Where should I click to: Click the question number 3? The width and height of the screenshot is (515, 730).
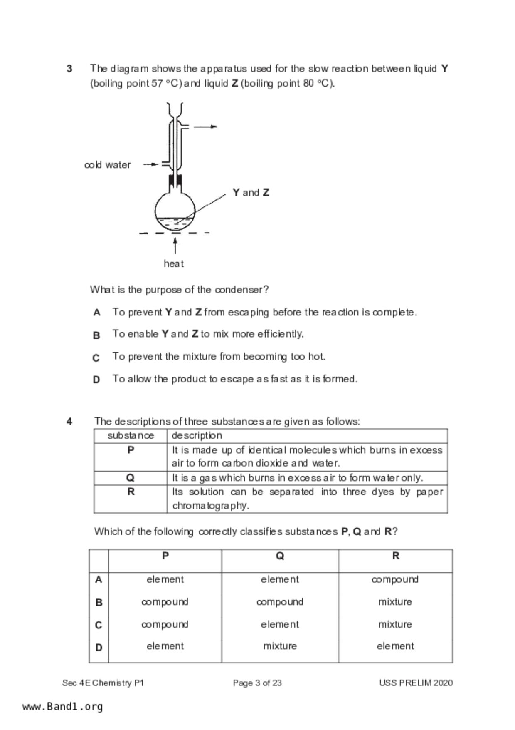pyautogui.click(x=69, y=69)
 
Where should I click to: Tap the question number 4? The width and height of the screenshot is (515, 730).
pyautogui.click(x=69, y=421)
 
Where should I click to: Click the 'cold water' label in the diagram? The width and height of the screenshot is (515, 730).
pyautogui.click(x=107, y=165)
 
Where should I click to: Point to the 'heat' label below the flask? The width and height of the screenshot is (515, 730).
pyautogui.click(x=174, y=263)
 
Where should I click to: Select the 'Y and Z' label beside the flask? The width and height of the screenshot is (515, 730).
pyautogui.click(x=251, y=192)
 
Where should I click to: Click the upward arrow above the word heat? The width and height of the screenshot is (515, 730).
pyautogui.click(x=175, y=246)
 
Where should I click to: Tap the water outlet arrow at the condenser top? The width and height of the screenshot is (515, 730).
pyautogui.click(x=206, y=127)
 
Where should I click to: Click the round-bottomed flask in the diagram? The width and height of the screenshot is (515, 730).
pyautogui.click(x=175, y=210)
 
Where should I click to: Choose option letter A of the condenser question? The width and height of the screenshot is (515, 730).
pyautogui.click(x=97, y=313)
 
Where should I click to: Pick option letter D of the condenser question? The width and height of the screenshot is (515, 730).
pyautogui.click(x=96, y=380)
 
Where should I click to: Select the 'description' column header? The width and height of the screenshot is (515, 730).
pyautogui.click(x=197, y=435)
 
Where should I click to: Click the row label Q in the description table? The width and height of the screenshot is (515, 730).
pyautogui.click(x=130, y=478)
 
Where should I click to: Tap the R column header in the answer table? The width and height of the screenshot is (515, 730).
pyautogui.click(x=395, y=556)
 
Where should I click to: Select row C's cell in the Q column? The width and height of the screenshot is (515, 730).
pyautogui.click(x=280, y=624)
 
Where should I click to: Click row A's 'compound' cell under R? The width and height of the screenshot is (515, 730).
pyautogui.click(x=395, y=579)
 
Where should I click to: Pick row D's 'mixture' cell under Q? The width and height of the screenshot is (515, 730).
pyautogui.click(x=280, y=646)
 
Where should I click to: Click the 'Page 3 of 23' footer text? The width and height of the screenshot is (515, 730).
pyautogui.click(x=257, y=683)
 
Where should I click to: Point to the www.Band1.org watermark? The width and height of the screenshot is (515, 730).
pyautogui.click(x=63, y=707)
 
